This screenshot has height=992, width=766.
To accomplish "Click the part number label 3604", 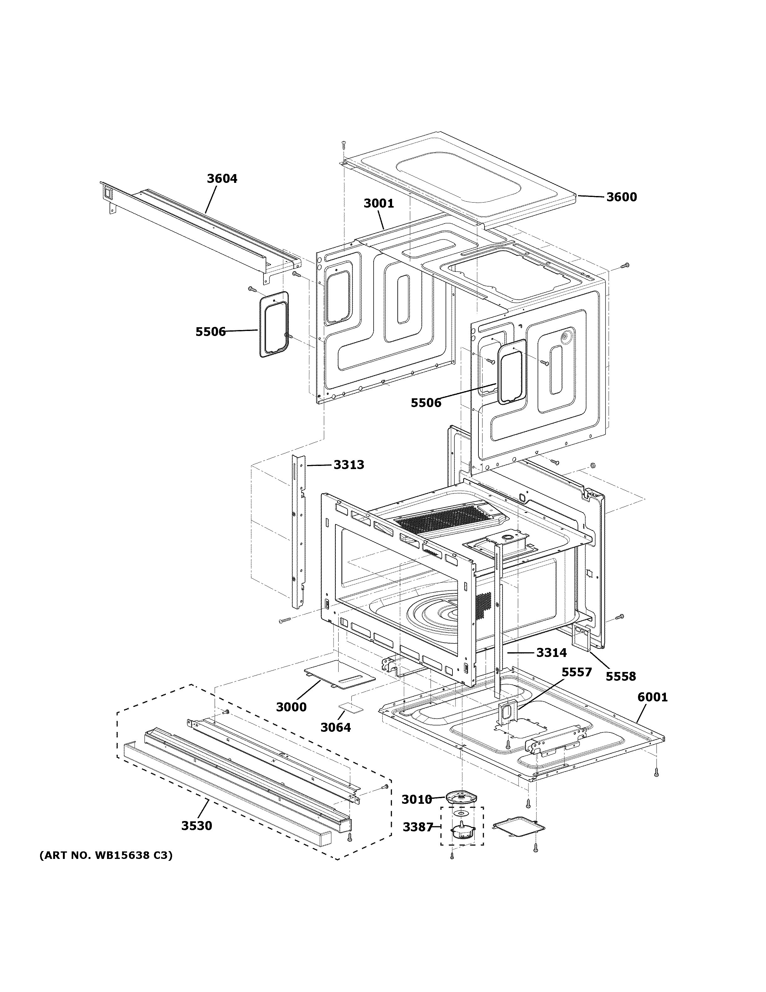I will coord(222,178).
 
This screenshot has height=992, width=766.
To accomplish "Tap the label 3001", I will coord(378,204).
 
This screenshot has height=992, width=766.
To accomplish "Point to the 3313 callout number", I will coord(349,465).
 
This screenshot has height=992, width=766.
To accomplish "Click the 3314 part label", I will coord(551,653).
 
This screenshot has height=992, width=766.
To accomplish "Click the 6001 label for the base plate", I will coord(652,697).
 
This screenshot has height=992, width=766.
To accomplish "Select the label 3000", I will coord(291,707).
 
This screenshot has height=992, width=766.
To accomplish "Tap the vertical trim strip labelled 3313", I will coord(299,531).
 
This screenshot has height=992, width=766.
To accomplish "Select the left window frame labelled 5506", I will coord(273,323).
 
